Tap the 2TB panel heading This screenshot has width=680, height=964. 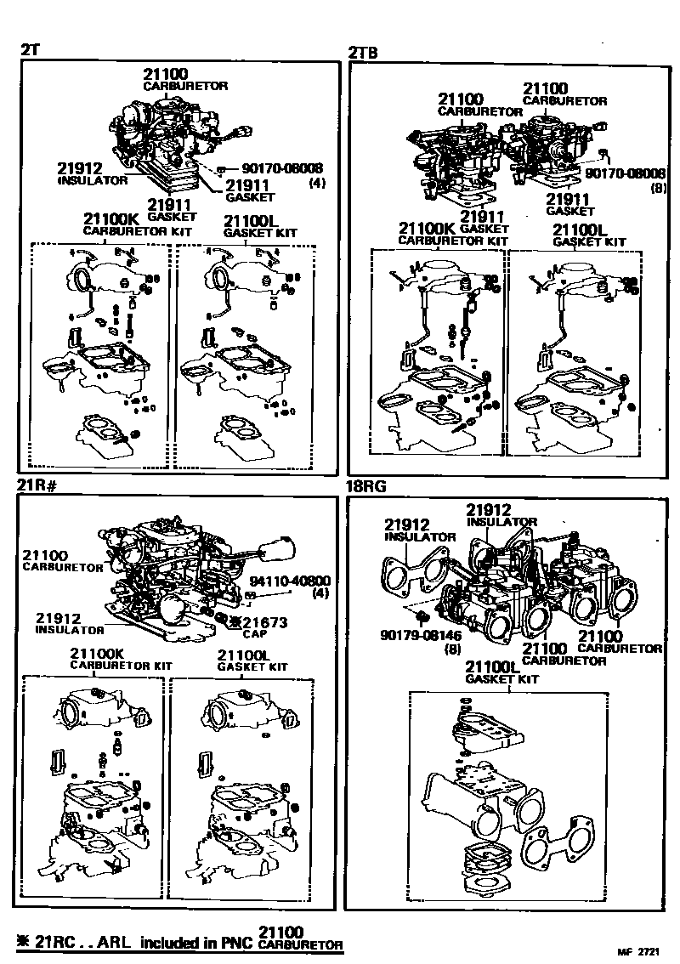point(363,53)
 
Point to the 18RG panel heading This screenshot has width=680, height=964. point(366,487)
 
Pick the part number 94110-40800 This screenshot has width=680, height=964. point(289,581)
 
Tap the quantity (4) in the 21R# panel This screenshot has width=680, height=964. point(320,593)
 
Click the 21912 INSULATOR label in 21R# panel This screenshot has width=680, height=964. point(69,623)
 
